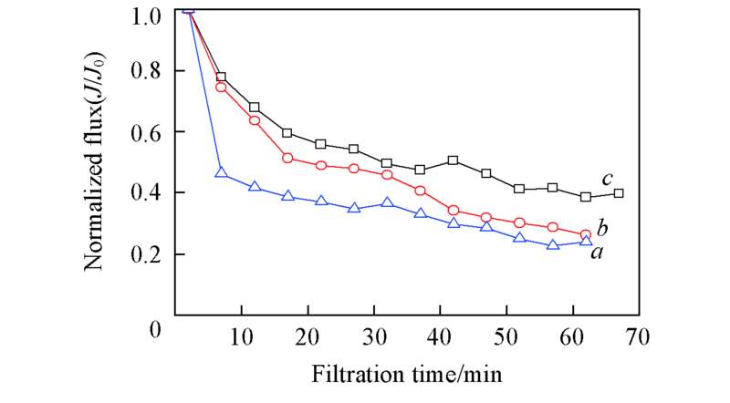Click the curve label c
pos(605,181)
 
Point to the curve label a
pos(597,253)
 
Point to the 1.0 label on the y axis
pos(146,15)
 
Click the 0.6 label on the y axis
pos(146,133)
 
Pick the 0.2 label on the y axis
pos(146,254)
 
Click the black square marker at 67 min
pos(619,193)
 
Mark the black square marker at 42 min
pos(454,160)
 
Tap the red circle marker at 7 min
pos(221,87)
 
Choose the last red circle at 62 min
pos(586,234)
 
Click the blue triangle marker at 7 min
pos(221,172)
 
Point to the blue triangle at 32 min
pos(387,202)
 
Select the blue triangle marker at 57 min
pos(552,244)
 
